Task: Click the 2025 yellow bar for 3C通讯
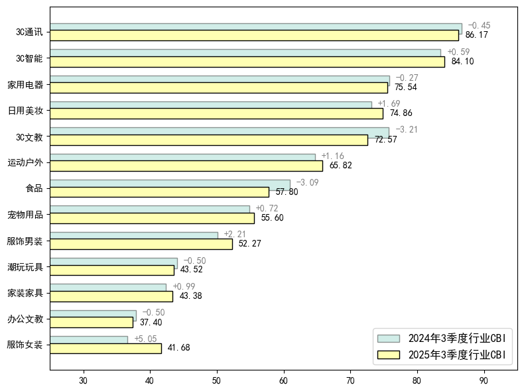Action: (254, 35)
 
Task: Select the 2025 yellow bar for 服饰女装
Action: (105, 348)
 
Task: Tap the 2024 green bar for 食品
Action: (170, 184)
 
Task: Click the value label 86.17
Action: (477, 35)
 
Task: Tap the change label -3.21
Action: (407, 130)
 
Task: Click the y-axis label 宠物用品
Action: (25, 215)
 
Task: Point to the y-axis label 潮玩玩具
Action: (25, 267)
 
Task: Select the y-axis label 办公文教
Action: (25, 319)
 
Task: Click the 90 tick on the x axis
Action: (484, 380)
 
